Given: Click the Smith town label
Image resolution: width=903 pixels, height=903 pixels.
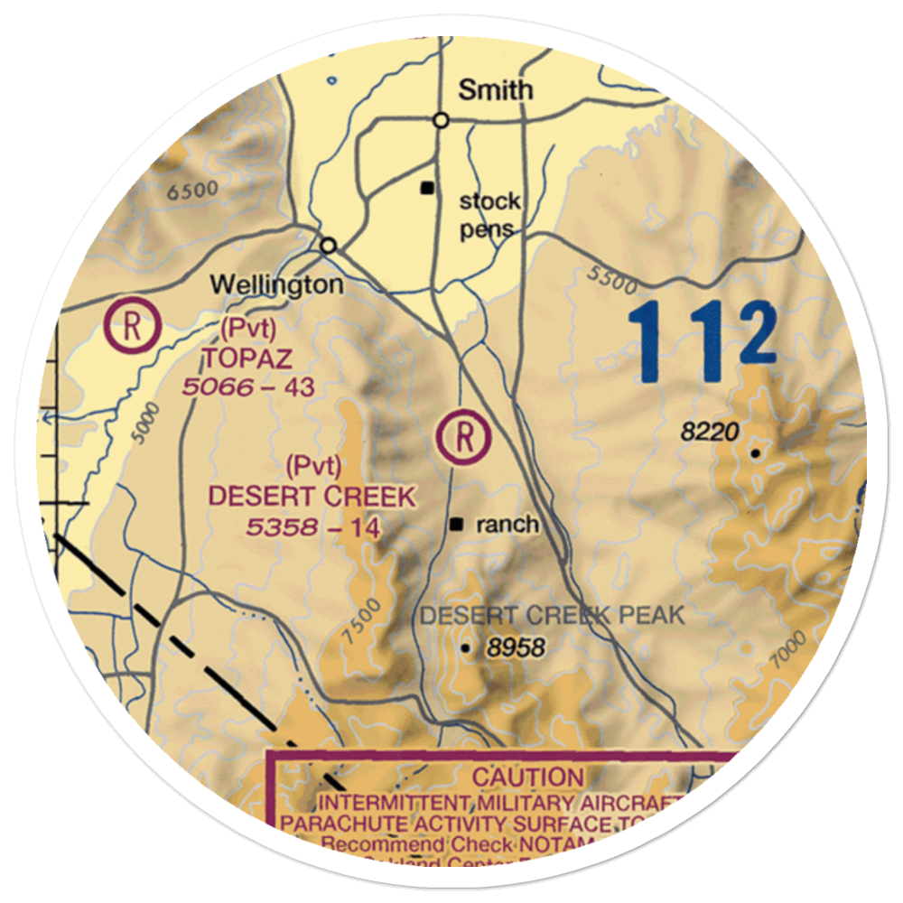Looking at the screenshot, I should (496, 89).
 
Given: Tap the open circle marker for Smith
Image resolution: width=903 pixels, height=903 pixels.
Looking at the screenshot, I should (441, 119).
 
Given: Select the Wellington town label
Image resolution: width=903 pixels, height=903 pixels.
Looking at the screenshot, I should (276, 285).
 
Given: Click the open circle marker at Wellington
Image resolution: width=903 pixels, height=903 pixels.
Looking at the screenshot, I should (329, 245).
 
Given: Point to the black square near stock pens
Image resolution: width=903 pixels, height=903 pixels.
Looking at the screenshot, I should (427, 189).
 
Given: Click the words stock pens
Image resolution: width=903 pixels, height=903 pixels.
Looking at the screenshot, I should (489, 214).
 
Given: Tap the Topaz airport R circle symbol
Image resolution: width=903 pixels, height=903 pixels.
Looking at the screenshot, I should (132, 325).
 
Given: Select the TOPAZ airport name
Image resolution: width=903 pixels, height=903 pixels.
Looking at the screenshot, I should (247, 358).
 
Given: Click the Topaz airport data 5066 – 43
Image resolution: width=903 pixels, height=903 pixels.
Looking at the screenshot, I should (247, 388).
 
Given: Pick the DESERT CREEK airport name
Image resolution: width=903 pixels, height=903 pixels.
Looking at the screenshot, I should (312, 496).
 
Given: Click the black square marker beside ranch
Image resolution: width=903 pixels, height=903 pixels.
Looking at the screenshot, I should (458, 524).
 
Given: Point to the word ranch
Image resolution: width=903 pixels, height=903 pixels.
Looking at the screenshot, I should (507, 524).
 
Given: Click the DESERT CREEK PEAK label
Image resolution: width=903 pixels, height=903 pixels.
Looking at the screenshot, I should (553, 617).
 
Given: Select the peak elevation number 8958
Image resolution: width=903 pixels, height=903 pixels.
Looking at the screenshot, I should (515, 647).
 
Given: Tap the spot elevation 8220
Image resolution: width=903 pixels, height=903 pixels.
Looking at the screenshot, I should (710, 433).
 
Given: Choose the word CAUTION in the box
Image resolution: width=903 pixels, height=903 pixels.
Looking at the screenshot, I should (528, 777).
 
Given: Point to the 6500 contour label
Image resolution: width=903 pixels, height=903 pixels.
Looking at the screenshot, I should (193, 190).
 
